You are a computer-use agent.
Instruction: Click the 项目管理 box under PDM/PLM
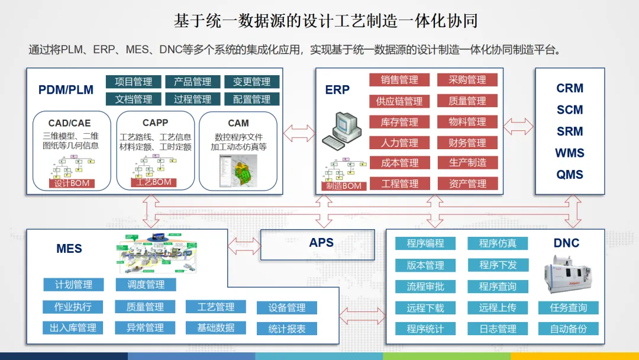tap(133, 82)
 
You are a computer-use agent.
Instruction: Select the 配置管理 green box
tap(251, 99)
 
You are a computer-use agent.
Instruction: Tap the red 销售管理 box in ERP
tap(399, 80)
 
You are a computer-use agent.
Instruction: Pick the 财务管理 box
tap(467, 143)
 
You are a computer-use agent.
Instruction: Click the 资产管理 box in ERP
tap(467, 184)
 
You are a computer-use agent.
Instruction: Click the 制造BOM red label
tap(344, 186)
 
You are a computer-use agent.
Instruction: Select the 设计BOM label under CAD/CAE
tap(72, 183)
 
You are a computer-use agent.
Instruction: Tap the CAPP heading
tap(155, 123)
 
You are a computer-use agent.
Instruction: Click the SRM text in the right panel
tap(570, 131)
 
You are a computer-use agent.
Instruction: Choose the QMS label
tap(570, 175)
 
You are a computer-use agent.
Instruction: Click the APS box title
tap(321, 243)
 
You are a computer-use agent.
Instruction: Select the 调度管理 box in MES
tap(146, 285)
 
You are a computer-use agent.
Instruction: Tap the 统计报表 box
tap(287, 329)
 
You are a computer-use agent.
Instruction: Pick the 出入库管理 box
tap(73, 327)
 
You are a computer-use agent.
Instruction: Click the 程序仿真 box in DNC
tap(498, 243)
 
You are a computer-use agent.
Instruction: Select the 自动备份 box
tap(569, 329)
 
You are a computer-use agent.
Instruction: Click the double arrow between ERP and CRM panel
tap(518, 126)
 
